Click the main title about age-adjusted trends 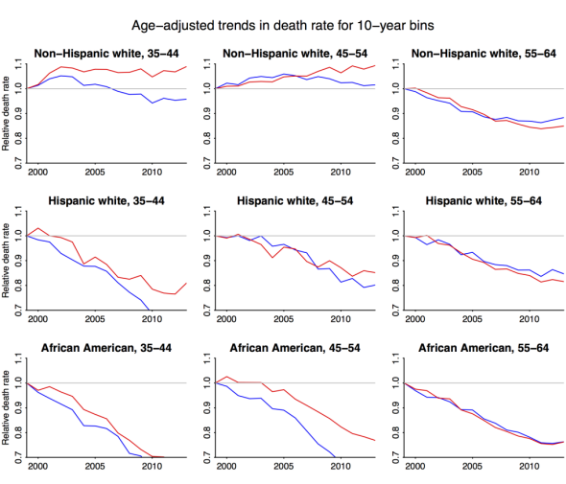pyautogui.click(x=283, y=26)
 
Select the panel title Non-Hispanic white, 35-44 pyautogui.click(x=106, y=54)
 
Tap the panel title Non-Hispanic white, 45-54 pyautogui.click(x=295, y=54)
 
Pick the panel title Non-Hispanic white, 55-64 pyautogui.click(x=483, y=54)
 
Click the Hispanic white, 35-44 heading pyautogui.click(x=106, y=201)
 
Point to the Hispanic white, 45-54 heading pyautogui.click(x=295, y=201)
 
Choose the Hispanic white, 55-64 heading pyautogui.click(x=483, y=201)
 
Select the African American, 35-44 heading pyautogui.click(x=106, y=348)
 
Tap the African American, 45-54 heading pyautogui.click(x=295, y=348)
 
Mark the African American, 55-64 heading pyautogui.click(x=483, y=348)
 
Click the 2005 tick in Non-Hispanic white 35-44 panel pyautogui.click(x=95, y=172)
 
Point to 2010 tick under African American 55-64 pyautogui.click(x=530, y=467)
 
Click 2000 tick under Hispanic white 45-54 pyautogui.click(x=226, y=319)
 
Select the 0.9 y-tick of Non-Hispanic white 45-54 pyautogui.click(x=207, y=114)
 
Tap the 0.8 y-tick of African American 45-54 pyautogui.click(x=207, y=433)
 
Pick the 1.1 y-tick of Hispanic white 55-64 pyautogui.click(x=395, y=212)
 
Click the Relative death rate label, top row pyautogui.click(x=6, y=113)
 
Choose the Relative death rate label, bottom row pyautogui.click(x=6, y=407)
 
